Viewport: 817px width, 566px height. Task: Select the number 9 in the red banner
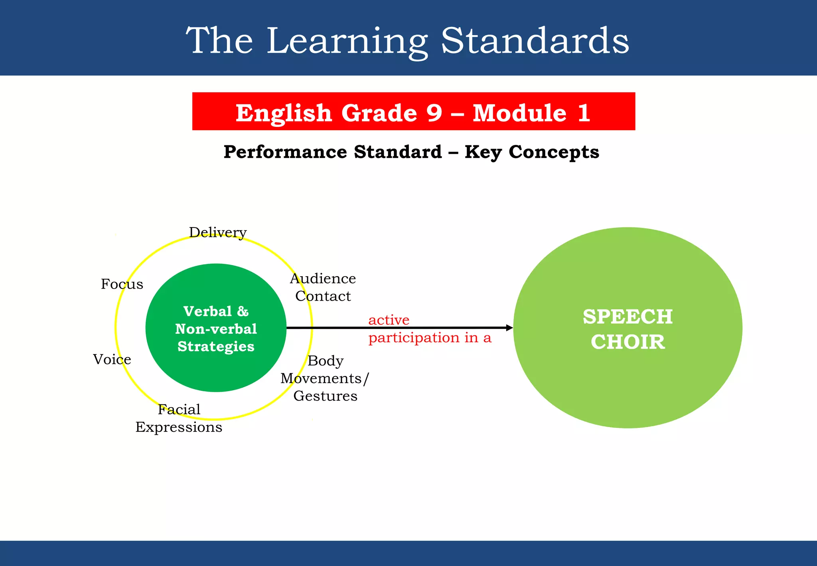(434, 113)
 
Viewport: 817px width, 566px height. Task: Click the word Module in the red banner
(519, 113)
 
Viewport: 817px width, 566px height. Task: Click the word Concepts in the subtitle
(554, 152)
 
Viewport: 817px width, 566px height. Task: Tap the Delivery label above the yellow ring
(218, 232)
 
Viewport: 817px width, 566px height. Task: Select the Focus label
(122, 284)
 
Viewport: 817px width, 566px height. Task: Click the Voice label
(112, 360)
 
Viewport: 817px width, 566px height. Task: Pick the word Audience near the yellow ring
(323, 279)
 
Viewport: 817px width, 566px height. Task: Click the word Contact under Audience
(323, 296)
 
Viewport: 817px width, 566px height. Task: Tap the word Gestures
(325, 396)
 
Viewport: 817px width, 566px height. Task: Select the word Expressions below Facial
(179, 427)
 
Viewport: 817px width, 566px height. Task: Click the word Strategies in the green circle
(216, 346)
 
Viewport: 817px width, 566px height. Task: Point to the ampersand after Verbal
(243, 311)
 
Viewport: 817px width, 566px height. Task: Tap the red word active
(389, 320)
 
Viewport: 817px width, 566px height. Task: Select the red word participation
(414, 338)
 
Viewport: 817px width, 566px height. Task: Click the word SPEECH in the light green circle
(628, 317)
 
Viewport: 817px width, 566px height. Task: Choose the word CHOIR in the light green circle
(628, 342)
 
